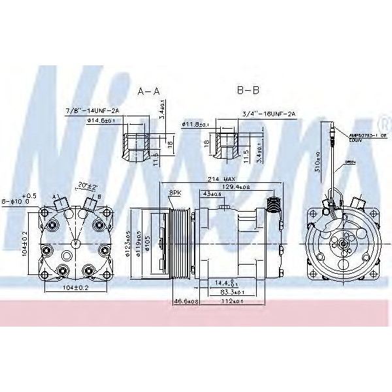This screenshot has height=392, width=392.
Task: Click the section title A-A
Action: click(x=148, y=91)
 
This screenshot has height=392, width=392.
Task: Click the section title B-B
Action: click(x=248, y=91)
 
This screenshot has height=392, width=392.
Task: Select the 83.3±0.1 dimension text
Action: click(x=228, y=293)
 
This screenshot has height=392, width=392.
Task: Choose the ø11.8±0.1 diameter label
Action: click(x=195, y=123)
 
